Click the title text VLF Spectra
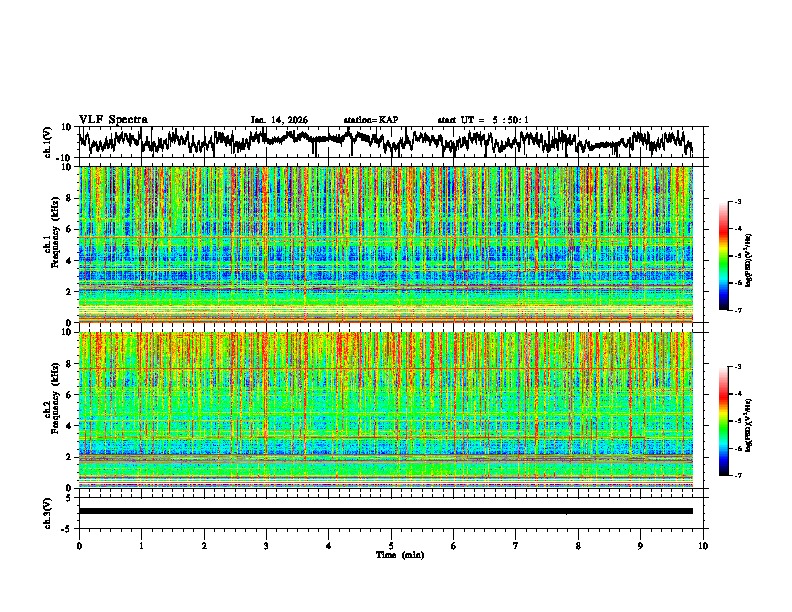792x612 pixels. [x=113, y=119]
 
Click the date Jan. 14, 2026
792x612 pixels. [x=279, y=120]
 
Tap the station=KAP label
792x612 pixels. [x=371, y=120]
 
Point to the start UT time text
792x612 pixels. [x=483, y=120]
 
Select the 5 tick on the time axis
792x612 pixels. [x=392, y=546]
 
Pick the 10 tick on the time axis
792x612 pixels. [x=704, y=546]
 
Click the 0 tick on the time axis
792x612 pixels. [x=79, y=546]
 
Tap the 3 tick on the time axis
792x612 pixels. [x=267, y=546]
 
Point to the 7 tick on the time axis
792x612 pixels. [x=517, y=546]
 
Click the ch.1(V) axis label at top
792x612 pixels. [x=48, y=143]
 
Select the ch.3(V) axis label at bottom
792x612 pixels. [x=48, y=511]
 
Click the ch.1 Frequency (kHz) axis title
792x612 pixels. [x=50, y=244]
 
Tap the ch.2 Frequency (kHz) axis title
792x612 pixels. [x=50, y=409]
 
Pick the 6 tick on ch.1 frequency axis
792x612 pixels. [x=70, y=229]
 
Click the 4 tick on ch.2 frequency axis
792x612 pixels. [x=70, y=425]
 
